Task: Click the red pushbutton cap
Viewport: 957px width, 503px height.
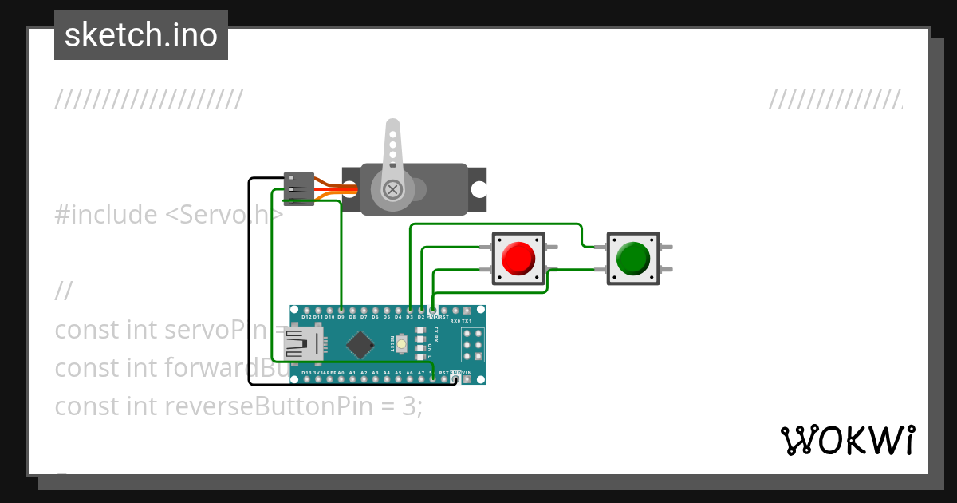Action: click(518, 258)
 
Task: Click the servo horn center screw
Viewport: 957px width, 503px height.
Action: click(392, 189)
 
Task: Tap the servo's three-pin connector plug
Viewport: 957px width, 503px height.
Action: click(298, 189)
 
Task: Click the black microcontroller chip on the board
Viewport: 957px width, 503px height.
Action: click(361, 344)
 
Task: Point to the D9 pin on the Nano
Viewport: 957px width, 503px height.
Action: click(341, 310)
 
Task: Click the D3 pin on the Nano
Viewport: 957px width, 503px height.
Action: click(410, 310)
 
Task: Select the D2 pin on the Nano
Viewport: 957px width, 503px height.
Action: click(421, 310)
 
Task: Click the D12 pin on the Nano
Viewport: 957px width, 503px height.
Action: click(306, 310)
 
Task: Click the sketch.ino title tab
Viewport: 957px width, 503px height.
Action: click(141, 35)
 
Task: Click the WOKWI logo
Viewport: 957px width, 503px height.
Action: click(847, 440)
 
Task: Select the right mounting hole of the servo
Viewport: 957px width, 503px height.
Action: click(478, 189)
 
